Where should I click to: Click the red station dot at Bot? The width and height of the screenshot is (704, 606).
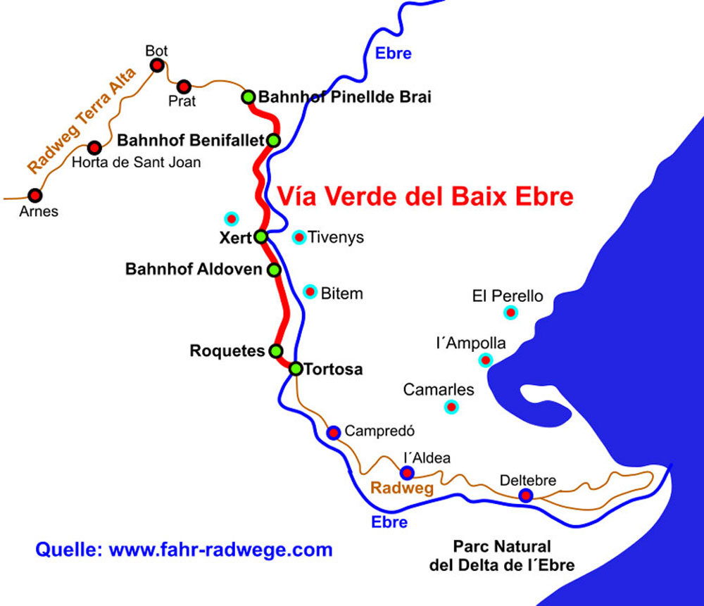pos(158,65)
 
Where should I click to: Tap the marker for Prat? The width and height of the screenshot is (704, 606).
pos(184,87)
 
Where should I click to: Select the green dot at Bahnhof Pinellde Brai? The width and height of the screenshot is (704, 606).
pos(249,97)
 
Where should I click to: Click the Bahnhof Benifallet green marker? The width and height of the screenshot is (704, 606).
pos(274,140)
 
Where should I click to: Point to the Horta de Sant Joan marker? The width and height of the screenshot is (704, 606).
pos(94,148)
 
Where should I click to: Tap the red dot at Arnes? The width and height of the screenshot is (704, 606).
pos(34,195)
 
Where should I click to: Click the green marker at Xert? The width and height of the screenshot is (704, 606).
pos(260,236)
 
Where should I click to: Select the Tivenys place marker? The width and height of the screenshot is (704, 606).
pos(299,237)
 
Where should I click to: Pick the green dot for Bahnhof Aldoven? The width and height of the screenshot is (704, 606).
pos(275,270)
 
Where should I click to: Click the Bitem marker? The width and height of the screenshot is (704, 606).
pos(310,291)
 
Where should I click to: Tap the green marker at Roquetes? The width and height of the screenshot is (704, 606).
pos(276,351)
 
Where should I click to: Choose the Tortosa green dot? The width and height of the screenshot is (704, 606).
pos(296,368)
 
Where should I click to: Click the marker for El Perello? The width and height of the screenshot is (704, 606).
pos(510,312)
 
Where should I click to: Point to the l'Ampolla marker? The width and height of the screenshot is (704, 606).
pos(485,360)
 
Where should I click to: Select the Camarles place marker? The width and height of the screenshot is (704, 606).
pos(451,406)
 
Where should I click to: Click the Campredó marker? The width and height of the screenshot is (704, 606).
pos(334,431)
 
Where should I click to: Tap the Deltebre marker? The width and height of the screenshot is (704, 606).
pos(525,496)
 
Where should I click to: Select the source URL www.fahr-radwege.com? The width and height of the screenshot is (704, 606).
pos(220,549)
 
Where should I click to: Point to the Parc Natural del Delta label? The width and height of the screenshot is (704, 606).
pos(502,555)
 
